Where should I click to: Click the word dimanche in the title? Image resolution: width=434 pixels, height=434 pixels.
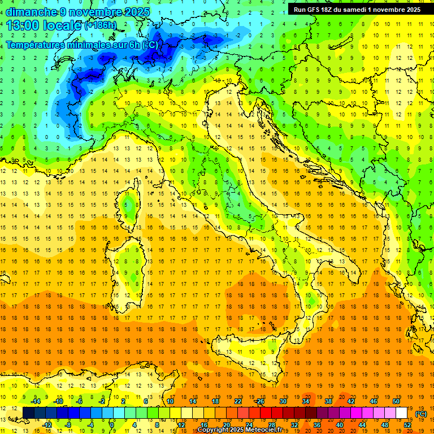coord(31,12)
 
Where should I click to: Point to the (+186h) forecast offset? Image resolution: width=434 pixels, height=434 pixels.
coord(100,25)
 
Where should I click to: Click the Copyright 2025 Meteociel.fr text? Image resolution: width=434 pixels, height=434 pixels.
coord(244,430)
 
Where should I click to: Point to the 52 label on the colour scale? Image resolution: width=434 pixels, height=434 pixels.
coord(407,424)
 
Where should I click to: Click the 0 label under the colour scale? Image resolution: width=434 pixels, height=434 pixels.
coord(112,424)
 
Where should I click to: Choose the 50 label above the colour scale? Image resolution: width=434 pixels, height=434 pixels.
coord(396,401)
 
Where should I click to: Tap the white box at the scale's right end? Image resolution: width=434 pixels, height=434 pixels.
coord(402,413)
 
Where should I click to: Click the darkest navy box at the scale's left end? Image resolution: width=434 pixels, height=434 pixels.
coord(29,413)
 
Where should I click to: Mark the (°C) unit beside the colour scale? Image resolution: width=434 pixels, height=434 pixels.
coord(421,414)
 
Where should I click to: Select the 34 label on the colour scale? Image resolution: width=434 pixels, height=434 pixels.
coord(306,401)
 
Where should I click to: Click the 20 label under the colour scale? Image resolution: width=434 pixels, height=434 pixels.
coord(226,424)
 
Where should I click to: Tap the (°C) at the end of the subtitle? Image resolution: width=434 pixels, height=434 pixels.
coord(150,45)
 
